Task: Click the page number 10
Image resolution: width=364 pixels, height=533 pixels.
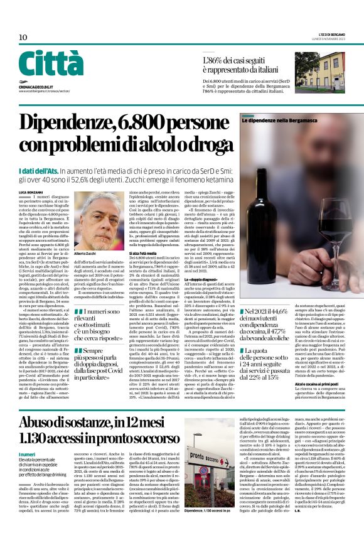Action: point(23,38)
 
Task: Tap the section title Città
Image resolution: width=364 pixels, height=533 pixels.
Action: point(51,65)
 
